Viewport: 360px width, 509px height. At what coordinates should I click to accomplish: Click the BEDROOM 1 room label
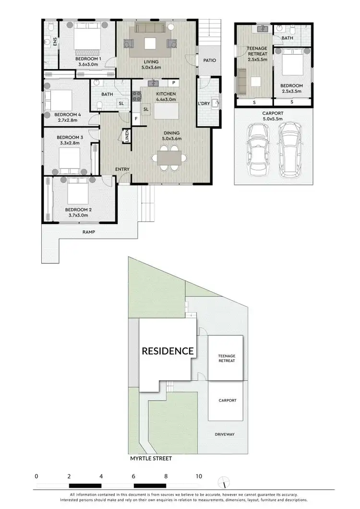[x=88, y=59]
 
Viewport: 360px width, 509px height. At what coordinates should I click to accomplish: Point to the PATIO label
[x=210, y=61]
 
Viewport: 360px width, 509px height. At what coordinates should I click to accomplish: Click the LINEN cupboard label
[x=127, y=136]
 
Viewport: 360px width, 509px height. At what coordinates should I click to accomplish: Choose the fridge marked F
[x=136, y=118]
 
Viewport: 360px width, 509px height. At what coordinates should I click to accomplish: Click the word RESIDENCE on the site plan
[x=168, y=351]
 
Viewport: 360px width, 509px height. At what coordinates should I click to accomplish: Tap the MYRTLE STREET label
[x=151, y=458]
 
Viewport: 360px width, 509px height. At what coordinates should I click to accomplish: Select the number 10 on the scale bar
[x=198, y=476]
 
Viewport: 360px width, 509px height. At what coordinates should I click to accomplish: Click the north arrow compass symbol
[x=222, y=482]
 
